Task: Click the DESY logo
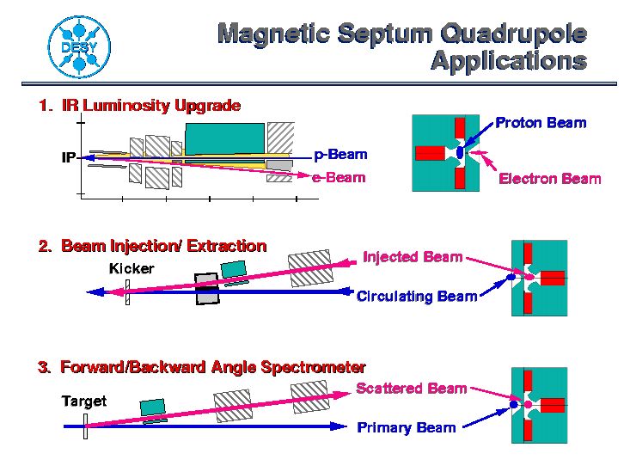pyautogui.click(x=79, y=47)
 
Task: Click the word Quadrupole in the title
pyautogui.click(x=513, y=33)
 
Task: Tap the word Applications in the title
pyautogui.click(x=509, y=61)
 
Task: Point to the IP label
pyautogui.click(x=68, y=157)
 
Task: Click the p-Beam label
pyautogui.click(x=340, y=155)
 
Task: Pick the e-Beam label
pyautogui.click(x=339, y=177)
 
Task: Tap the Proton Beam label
pyautogui.click(x=541, y=123)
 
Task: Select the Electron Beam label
pyautogui.click(x=550, y=179)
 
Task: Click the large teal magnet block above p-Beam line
pyautogui.click(x=225, y=138)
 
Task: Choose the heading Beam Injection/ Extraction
pyautogui.click(x=164, y=246)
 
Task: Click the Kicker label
pyautogui.click(x=132, y=268)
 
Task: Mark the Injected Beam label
pyautogui.click(x=413, y=257)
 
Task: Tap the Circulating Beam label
pyautogui.click(x=417, y=297)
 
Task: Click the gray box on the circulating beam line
pyautogui.click(x=207, y=289)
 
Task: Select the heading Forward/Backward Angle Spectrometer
pyautogui.click(x=213, y=367)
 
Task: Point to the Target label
pyautogui.click(x=84, y=401)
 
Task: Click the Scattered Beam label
pyautogui.click(x=412, y=389)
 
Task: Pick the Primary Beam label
pyautogui.click(x=407, y=427)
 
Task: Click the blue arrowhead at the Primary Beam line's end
pyautogui.click(x=339, y=426)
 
